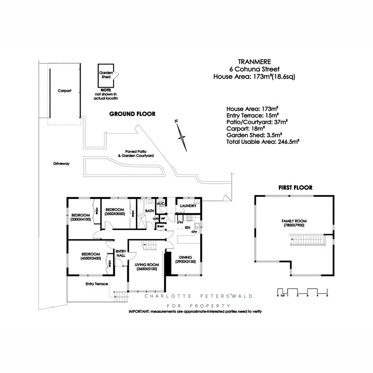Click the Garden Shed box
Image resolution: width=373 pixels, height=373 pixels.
[x=105, y=75]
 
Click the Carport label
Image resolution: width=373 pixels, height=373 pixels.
[x=64, y=90]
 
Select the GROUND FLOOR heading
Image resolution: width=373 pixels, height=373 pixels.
[x=132, y=114]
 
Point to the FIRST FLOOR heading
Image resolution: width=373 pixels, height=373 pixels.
[x=295, y=187]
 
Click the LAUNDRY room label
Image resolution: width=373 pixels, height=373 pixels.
[x=188, y=206]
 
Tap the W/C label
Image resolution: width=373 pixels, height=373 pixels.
[x=161, y=203]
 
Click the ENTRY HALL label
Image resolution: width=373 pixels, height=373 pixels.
[x=121, y=253]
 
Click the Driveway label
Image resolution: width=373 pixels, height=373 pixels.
[x=61, y=164]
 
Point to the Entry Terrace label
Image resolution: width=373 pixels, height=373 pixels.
[x=97, y=284]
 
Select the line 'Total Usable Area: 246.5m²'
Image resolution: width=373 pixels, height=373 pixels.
[x=263, y=141]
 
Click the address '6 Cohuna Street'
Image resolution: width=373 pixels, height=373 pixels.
[x=255, y=69]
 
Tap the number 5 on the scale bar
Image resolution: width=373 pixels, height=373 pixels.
[x=327, y=296]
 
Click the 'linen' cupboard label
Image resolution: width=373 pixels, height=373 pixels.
[x=160, y=226]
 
